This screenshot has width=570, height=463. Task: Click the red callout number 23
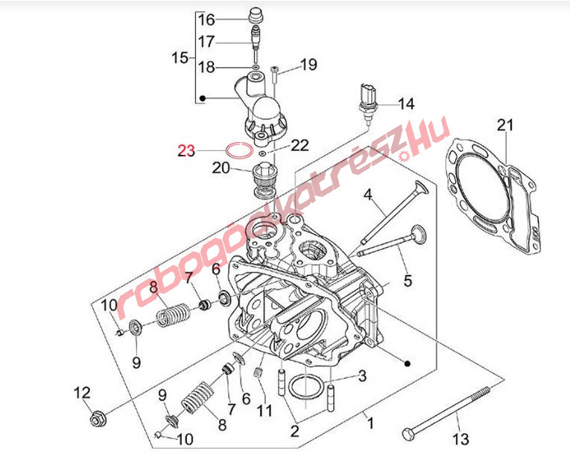pyautogui.click(x=186, y=151)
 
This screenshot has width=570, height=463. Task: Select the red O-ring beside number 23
pyautogui.click(x=238, y=150)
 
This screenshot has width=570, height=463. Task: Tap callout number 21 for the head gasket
pyautogui.click(x=506, y=125)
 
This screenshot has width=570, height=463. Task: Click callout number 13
pyautogui.click(x=462, y=438)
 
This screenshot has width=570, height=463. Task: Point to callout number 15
pyautogui.click(x=180, y=57)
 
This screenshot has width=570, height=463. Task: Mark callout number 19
pyautogui.click(x=308, y=66)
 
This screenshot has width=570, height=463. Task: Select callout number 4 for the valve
pyautogui.click(x=367, y=196)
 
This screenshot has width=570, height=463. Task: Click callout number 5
pyautogui.click(x=408, y=281)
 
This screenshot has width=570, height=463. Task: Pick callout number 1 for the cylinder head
pyautogui.click(x=370, y=424)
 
